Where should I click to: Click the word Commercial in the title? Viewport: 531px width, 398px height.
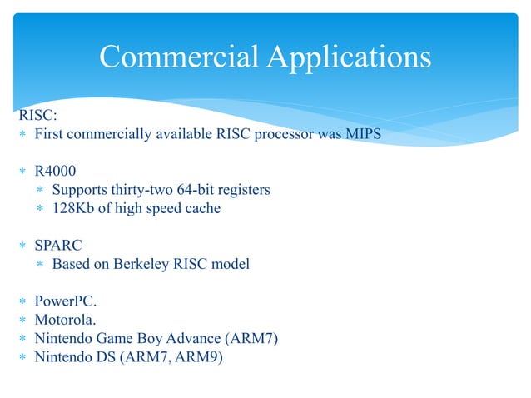point(176,57)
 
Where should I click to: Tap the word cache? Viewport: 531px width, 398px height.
point(202,208)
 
